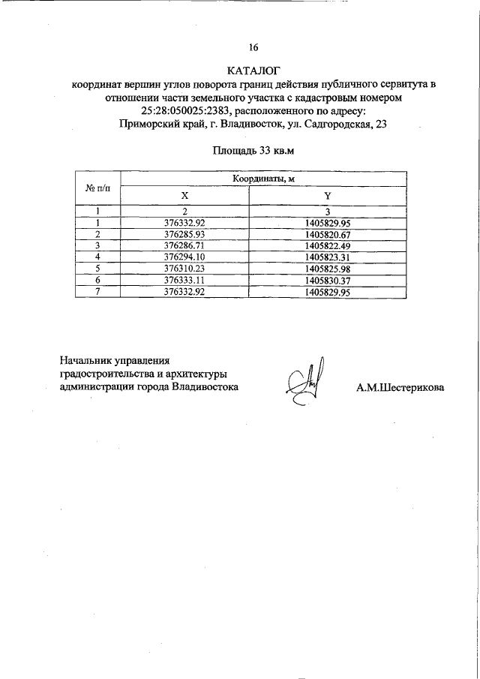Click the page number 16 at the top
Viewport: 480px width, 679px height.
coord(253,47)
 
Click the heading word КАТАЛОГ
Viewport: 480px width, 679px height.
coord(253,70)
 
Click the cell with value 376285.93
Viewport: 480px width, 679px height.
coord(184,234)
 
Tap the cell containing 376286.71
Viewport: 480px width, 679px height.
coord(184,245)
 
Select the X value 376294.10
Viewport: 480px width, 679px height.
coord(184,257)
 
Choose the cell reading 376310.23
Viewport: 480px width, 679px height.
coord(184,268)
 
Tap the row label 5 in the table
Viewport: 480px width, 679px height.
coord(97,268)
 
